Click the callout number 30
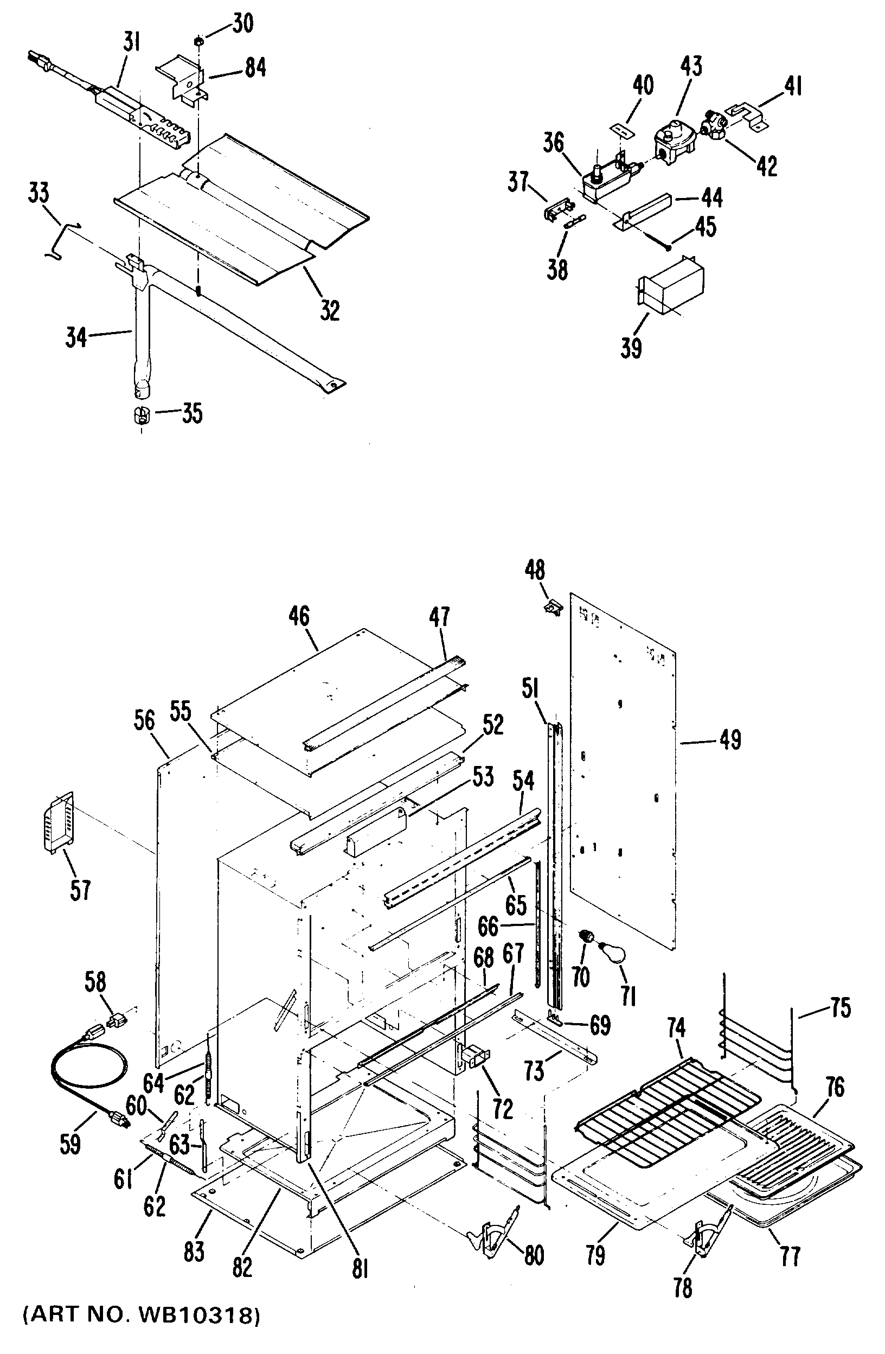pos(242,24)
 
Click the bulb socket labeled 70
pos(585,936)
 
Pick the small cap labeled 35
pos(140,416)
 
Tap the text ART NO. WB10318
pos(142,1331)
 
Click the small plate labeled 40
pos(621,130)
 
